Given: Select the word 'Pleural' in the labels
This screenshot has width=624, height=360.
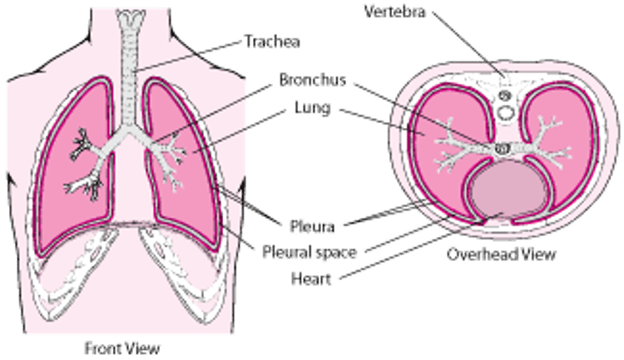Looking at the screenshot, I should point(284,248).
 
